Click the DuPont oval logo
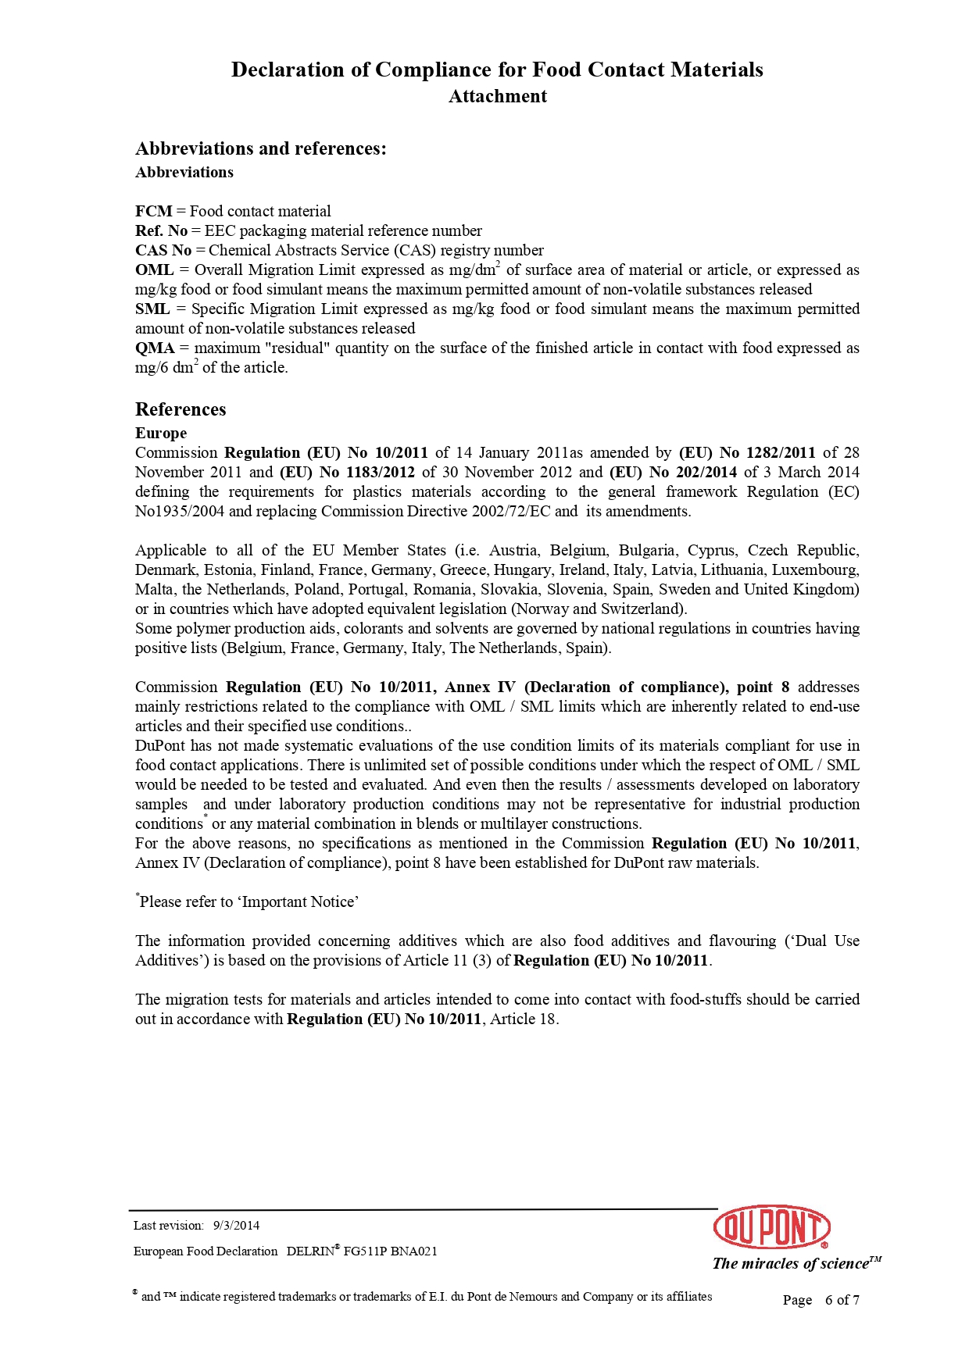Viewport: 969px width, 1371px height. [x=771, y=1226]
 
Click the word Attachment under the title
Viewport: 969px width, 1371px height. [x=498, y=96]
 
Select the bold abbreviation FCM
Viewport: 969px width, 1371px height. [x=153, y=211]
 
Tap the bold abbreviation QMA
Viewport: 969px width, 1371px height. [x=155, y=348]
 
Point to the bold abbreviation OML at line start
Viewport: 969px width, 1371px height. [x=154, y=270]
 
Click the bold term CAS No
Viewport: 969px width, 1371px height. [x=163, y=250]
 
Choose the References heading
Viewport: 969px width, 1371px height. [x=181, y=409]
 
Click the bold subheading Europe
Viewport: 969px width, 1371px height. [x=161, y=433]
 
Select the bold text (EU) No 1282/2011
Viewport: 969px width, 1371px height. [x=747, y=452]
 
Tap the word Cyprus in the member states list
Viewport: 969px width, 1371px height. [x=712, y=550]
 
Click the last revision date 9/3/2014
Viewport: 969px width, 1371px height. [x=236, y=1226]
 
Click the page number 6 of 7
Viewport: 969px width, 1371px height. [x=842, y=1300]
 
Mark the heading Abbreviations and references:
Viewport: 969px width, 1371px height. [x=261, y=148]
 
